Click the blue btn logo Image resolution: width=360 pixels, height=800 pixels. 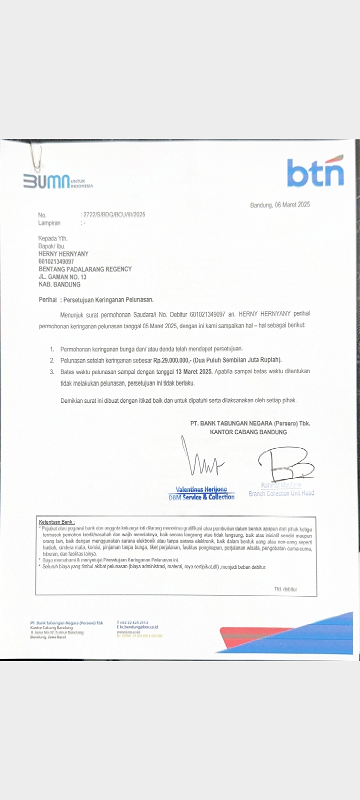(315, 172)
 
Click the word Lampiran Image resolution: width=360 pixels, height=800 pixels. (49, 223)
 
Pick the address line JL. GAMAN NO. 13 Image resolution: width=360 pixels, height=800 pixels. (62, 276)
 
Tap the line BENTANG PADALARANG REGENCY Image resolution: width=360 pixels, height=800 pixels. (85, 269)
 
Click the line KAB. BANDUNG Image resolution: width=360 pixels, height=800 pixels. (59, 284)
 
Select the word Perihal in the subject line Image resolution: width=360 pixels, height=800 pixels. (47, 299)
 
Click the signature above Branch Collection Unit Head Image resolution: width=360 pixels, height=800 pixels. (285, 462)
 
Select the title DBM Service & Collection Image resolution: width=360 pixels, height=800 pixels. (201, 497)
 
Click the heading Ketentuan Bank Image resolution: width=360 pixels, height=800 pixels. (56, 522)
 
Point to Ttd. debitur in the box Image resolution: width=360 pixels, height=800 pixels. (285, 589)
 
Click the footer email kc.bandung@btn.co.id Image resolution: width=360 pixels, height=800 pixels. (137, 626)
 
